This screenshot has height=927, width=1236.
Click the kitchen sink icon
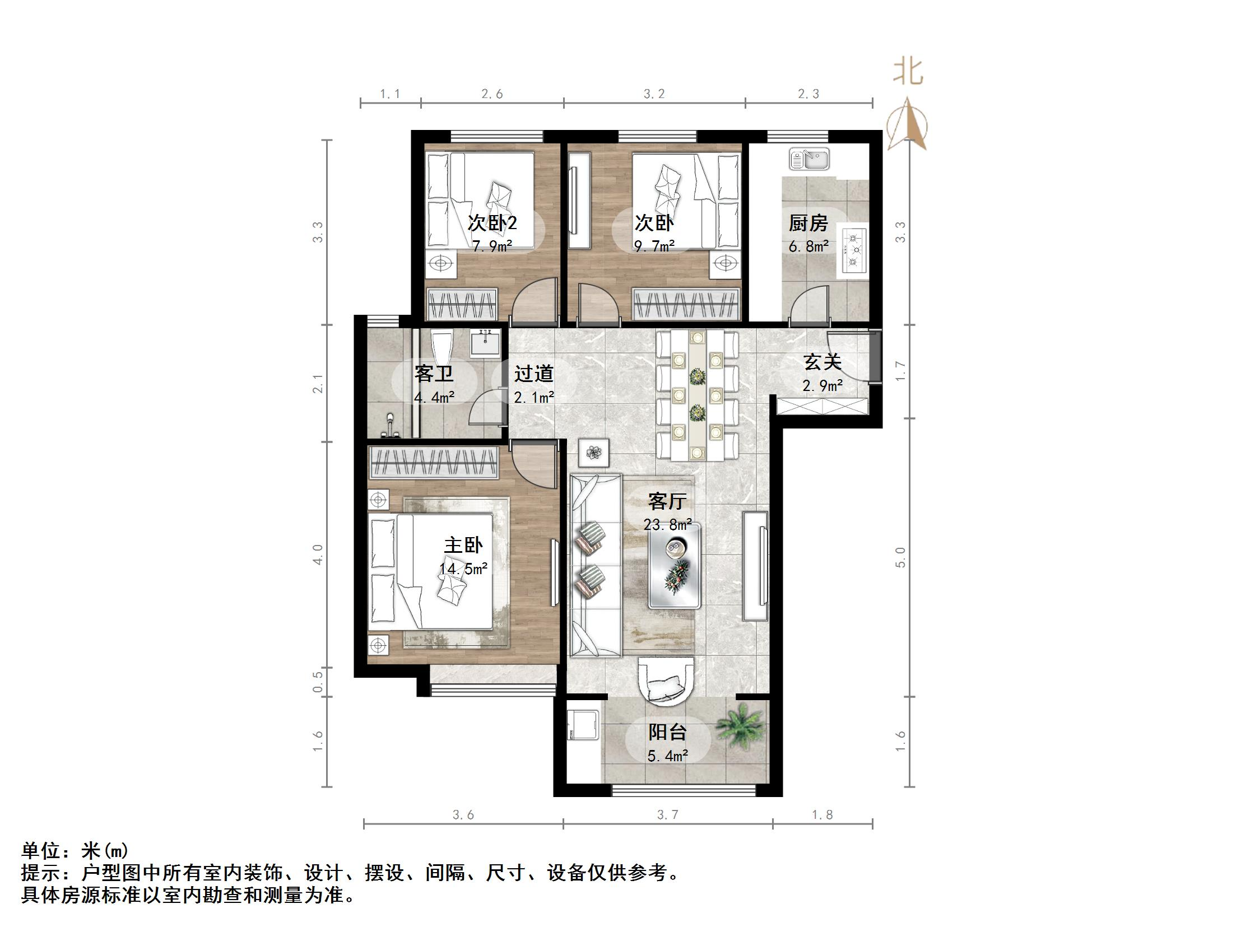(808, 159)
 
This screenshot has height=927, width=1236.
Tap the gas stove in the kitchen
(853, 250)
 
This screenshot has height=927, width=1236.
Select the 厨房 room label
(808, 223)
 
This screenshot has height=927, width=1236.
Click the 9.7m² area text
(654, 246)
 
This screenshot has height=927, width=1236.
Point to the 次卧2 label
(492, 223)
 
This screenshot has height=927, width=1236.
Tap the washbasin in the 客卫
(485, 343)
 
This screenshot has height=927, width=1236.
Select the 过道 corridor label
(534, 373)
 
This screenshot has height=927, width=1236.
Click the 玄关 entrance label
(822, 362)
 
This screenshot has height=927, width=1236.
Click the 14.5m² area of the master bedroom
(463, 569)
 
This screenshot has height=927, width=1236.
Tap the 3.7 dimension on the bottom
(667, 815)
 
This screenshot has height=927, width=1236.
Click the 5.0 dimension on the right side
(900, 557)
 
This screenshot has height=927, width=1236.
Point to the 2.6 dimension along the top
(492, 94)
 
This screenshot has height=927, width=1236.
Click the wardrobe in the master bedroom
(434, 463)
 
